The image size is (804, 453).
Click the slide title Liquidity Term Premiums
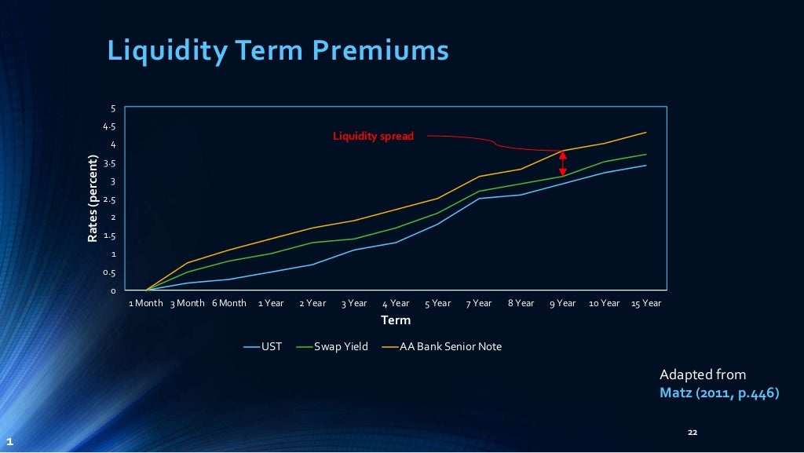coord(278,50)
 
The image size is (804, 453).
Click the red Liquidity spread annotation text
coord(373,137)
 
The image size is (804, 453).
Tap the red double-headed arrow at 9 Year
coord(562,163)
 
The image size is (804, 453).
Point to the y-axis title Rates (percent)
coord(93,199)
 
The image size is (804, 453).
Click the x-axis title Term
coord(396,320)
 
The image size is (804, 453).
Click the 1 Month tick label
coord(146,303)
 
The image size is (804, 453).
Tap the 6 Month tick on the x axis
coord(228,303)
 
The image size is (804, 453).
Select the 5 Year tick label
coord(437,303)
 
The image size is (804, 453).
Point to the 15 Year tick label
coord(646,303)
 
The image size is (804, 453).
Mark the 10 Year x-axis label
coord(604,303)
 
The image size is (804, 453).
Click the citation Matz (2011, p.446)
coord(719,392)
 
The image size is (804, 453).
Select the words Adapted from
coord(703,374)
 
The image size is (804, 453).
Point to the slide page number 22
coord(692,433)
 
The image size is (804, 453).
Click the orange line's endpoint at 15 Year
coord(646,133)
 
